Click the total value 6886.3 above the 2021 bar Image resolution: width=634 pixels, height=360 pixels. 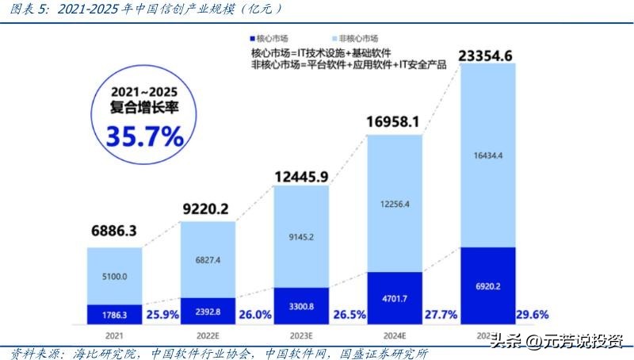[115, 231]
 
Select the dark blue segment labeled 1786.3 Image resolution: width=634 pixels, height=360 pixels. [115, 315]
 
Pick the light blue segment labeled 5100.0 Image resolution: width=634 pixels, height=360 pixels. [115, 276]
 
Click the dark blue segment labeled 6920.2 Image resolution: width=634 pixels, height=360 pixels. [488, 285]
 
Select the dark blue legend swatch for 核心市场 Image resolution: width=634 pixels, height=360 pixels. [252, 38]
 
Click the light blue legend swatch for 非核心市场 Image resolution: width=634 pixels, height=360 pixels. [334, 38]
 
